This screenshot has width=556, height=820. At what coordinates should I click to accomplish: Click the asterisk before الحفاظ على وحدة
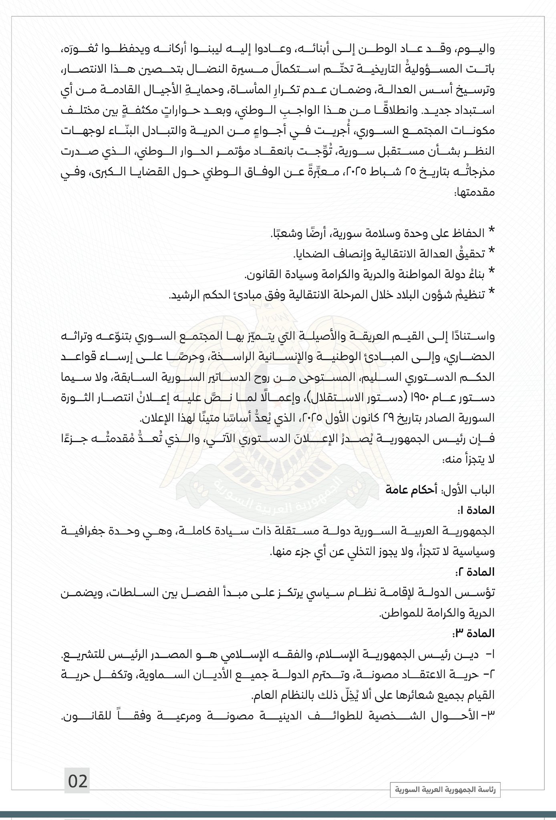[x=492, y=231]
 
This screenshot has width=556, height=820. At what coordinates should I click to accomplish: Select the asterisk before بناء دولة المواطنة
[x=492, y=273]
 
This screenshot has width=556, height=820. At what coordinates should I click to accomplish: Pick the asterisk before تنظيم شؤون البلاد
[x=492, y=294]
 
